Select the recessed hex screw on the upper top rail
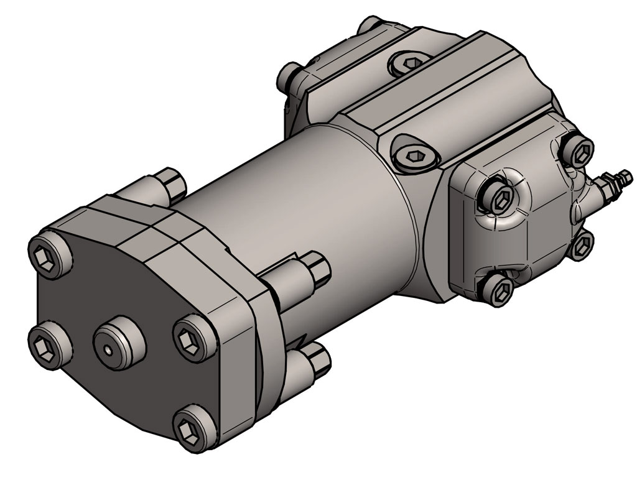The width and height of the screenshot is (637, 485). pos(411,62)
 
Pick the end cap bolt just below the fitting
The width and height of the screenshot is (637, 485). pos(582,246)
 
